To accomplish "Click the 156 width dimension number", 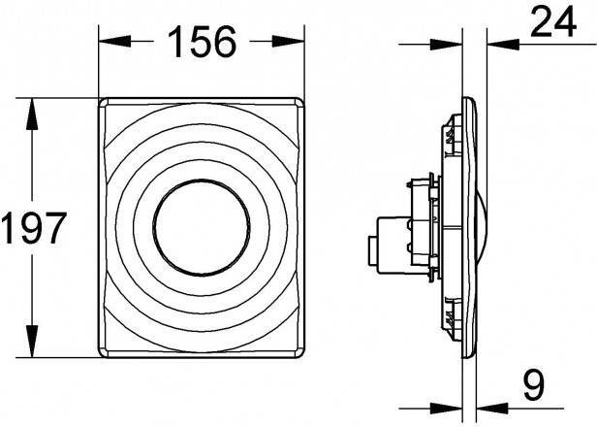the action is coord(202,42).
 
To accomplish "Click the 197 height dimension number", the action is coord(34,228).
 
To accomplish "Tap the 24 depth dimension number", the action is coord(553,22).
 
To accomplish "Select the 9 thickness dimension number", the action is coord(534,385).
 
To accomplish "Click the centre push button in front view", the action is coord(202,227).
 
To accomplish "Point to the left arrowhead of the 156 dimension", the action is coord(115,41).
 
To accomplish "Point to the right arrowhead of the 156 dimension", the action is coord(288,41).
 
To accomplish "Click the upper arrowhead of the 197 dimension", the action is coord(32,115).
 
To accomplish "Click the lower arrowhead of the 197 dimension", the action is coord(32,341).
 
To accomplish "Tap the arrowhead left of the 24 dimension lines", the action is coord(446,45).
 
